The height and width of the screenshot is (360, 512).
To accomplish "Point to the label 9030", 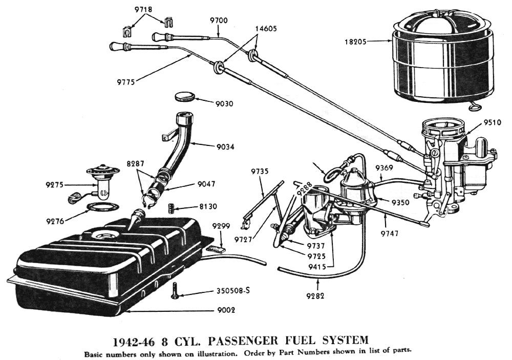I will coord(224,103).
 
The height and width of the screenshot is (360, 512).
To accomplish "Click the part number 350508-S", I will coord(232,291).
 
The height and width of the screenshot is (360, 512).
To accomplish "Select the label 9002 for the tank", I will coord(226,309).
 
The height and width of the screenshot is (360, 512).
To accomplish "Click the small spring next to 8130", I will coord(173,208).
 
